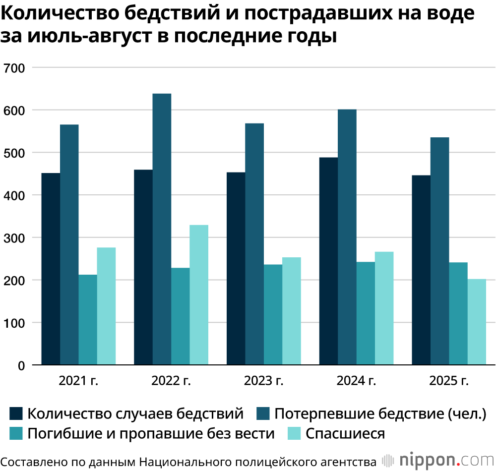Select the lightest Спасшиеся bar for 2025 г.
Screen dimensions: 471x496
click(477, 322)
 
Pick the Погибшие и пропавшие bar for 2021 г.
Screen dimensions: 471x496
click(88, 320)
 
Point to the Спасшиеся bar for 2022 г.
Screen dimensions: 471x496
click(199, 295)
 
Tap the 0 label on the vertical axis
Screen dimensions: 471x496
click(21, 366)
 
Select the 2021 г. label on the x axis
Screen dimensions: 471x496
click(78, 381)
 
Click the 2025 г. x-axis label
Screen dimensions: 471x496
click(449, 381)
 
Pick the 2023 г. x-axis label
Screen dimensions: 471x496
click(263, 381)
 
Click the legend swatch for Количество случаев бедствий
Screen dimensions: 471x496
click(16, 413)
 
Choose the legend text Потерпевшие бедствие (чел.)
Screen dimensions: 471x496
click(380, 413)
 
